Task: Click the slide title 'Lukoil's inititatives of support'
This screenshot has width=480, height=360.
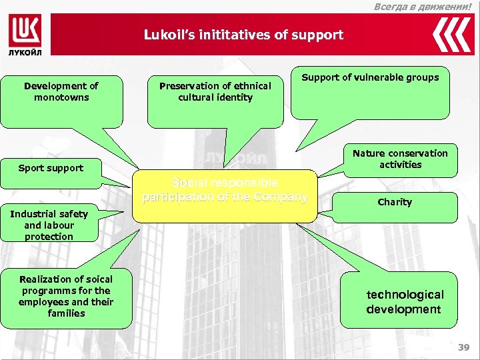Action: (x=243, y=35)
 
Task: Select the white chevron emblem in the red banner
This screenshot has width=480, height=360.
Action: (x=452, y=35)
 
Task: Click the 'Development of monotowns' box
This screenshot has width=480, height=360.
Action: (x=61, y=98)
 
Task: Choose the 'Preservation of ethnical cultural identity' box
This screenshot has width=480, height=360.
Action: (x=215, y=98)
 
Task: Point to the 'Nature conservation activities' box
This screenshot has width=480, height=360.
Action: (x=400, y=160)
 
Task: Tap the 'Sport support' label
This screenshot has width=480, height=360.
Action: (x=51, y=168)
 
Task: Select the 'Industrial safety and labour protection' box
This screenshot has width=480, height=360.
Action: (x=49, y=225)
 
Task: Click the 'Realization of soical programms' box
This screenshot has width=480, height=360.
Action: (x=67, y=297)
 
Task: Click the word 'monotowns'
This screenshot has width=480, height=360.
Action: (x=61, y=97)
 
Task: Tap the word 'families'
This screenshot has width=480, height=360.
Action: (x=67, y=313)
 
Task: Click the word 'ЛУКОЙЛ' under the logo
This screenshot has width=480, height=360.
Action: (x=25, y=51)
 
